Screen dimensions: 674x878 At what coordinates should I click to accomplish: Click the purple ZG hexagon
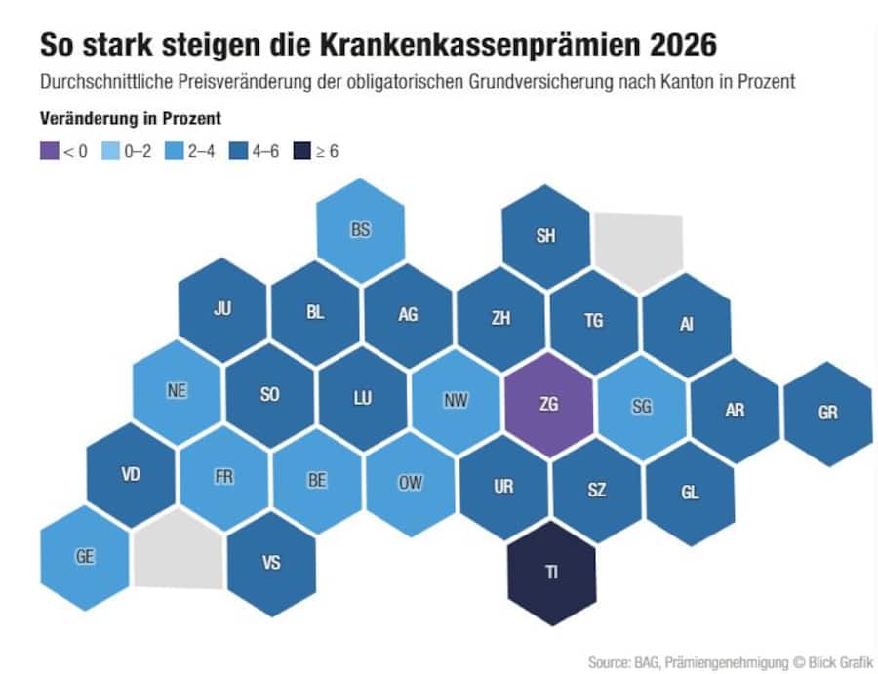pos(548,404)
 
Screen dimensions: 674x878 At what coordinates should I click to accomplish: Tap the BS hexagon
pos(361,231)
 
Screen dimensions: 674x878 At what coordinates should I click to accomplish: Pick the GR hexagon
pos(827,413)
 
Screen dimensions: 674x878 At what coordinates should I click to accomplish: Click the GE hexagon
pos(85,557)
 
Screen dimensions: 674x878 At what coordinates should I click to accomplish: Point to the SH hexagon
pos(545,237)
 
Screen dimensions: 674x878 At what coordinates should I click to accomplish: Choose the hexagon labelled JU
pos(222,310)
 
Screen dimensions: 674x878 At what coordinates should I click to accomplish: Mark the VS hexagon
pos(271,563)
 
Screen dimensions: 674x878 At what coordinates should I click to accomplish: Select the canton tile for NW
pos(455,399)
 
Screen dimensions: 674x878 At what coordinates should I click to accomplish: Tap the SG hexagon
pos(641,407)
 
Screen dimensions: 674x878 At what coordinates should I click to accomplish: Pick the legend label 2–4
pos(201,151)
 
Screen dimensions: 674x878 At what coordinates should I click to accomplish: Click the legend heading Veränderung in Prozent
pos(130,119)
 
